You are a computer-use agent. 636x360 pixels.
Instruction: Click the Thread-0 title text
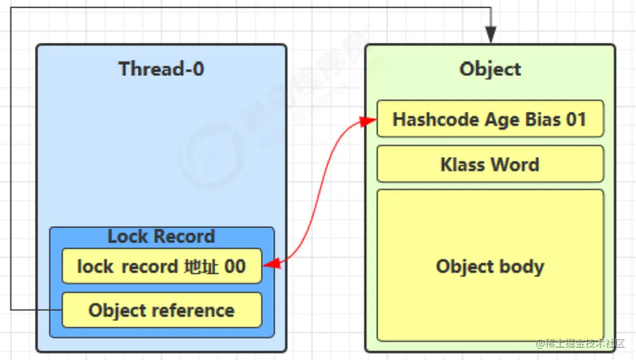pos(161,69)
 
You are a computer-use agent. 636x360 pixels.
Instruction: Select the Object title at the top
pos(490,69)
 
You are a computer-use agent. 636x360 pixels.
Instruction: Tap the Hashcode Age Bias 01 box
pos(490,119)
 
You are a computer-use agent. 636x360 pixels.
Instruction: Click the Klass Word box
pos(490,164)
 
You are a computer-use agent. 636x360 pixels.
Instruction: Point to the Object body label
pos(490,266)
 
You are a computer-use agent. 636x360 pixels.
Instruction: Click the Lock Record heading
pos(161,236)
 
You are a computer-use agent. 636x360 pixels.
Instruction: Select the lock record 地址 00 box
pos(161,266)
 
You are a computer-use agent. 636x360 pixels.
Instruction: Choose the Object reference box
pos(161,310)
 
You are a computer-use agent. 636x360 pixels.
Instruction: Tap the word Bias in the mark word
pos(537,120)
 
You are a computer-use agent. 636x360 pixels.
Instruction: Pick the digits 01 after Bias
pos(575,120)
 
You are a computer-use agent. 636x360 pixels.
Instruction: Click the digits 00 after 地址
pos(234,266)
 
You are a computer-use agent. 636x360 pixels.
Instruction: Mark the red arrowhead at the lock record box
pos(270,265)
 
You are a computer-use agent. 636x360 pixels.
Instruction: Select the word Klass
pos(462,165)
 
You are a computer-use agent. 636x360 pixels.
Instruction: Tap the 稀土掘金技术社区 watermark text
pos(585,344)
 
